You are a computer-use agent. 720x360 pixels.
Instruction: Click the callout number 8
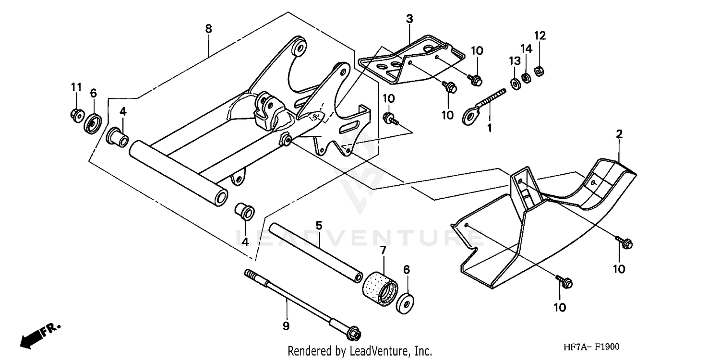(208, 29)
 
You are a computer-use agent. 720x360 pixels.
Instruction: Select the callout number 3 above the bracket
(409, 20)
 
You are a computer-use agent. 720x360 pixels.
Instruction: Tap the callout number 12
(540, 36)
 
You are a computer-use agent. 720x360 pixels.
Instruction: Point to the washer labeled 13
(516, 84)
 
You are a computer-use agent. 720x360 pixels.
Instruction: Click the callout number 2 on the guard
(619, 134)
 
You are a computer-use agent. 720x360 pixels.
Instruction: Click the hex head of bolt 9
(354, 333)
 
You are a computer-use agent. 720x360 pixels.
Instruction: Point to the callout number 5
(318, 225)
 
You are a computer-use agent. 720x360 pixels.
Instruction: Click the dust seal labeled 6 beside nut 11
(93, 125)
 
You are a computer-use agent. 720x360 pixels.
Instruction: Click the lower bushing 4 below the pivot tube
(244, 212)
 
